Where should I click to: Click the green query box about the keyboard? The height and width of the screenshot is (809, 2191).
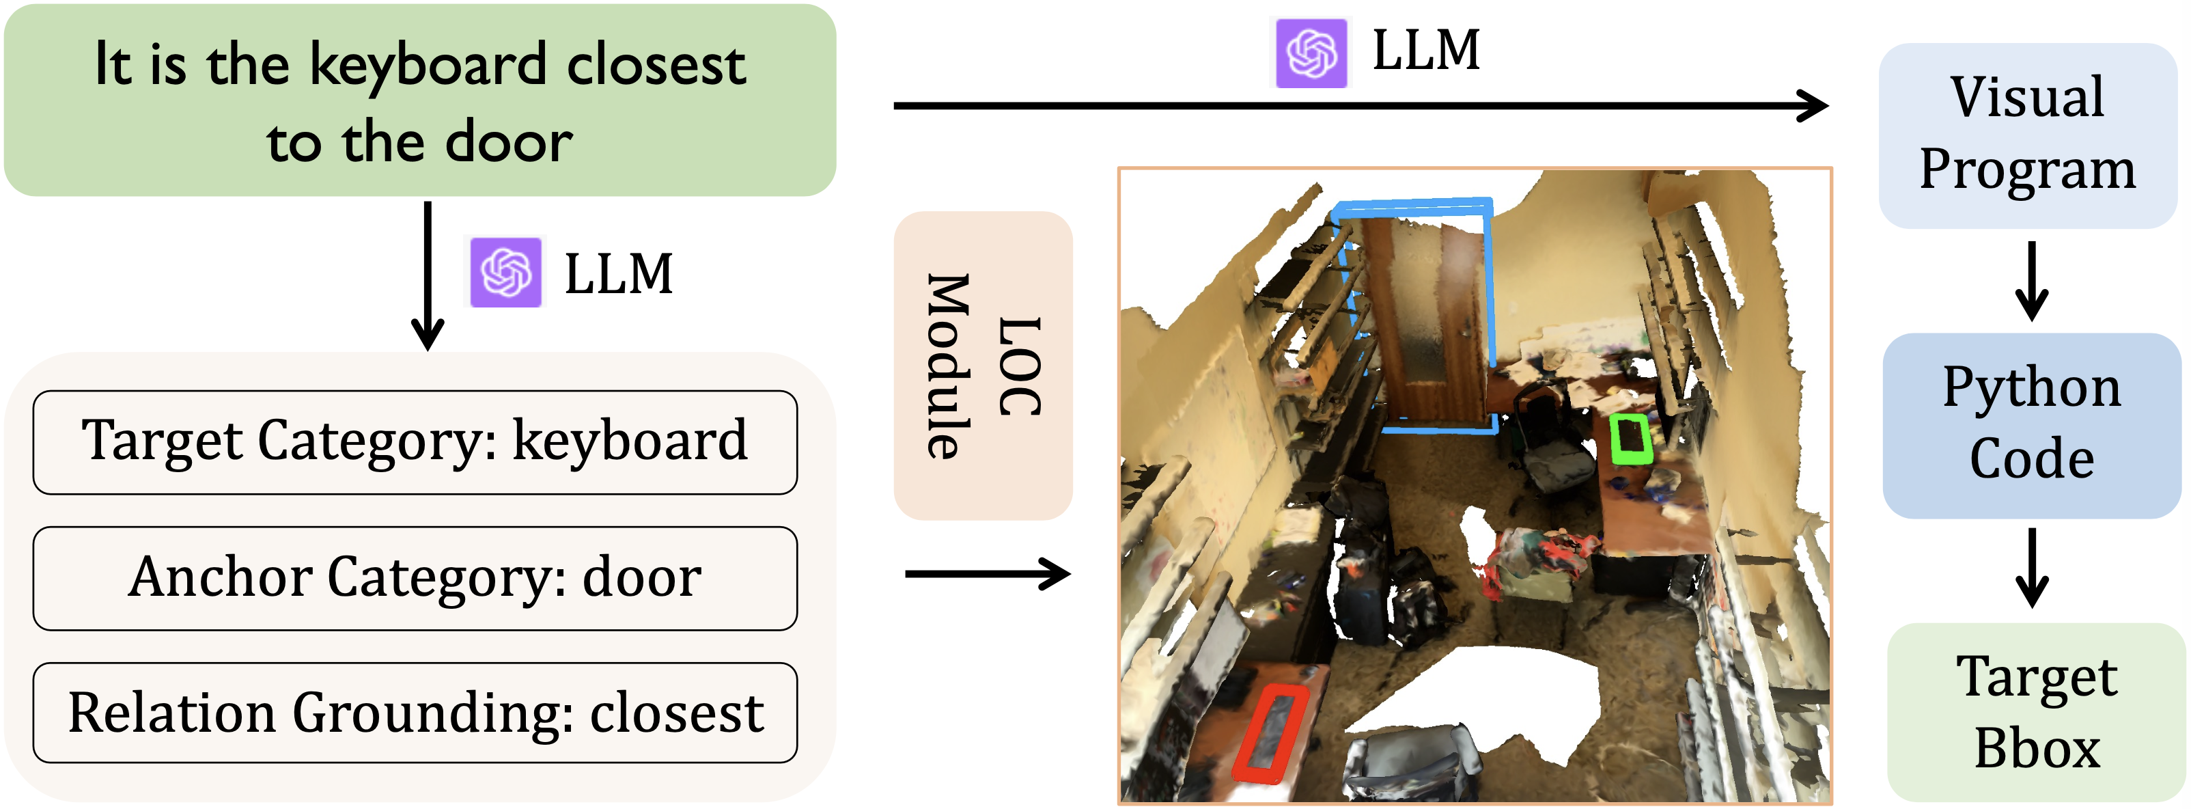pyautogui.click(x=419, y=100)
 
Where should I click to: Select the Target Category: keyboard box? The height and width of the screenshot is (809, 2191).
pyautogui.click(x=415, y=442)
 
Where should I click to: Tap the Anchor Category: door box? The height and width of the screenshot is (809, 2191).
pyautogui.click(x=415, y=579)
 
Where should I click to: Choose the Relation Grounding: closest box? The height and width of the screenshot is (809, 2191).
pyautogui.click(x=415, y=713)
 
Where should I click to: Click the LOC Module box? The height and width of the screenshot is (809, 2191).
pyautogui.click(x=983, y=366)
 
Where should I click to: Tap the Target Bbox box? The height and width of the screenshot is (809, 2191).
pyautogui.click(x=2036, y=713)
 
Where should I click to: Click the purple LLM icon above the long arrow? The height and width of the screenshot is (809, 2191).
pyautogui.click(x=1311, y=53)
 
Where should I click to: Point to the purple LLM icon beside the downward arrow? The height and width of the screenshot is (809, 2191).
pyautogui.click(x=506, y=272)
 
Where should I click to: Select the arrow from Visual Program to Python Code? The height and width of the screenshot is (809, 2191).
pyautogui.click(x=2031, y=281)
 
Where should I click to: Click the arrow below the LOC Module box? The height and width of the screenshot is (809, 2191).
pyautogui.click(x=987, y=574)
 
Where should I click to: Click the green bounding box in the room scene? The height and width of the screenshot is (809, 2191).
pyautogui.click(x=1630, y=439)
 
